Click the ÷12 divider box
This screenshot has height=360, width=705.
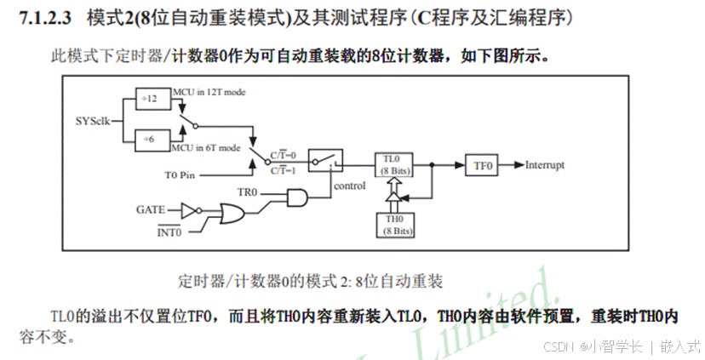click(x=152, y=98)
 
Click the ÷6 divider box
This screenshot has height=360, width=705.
click(x=152, y=137)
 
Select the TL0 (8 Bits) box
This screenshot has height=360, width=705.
click(x=393, y=164)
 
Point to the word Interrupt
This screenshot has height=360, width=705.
click(x=544, y=164)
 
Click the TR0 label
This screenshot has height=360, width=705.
click(x=247, y=192)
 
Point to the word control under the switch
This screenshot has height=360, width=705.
click(x=349, y=186)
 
